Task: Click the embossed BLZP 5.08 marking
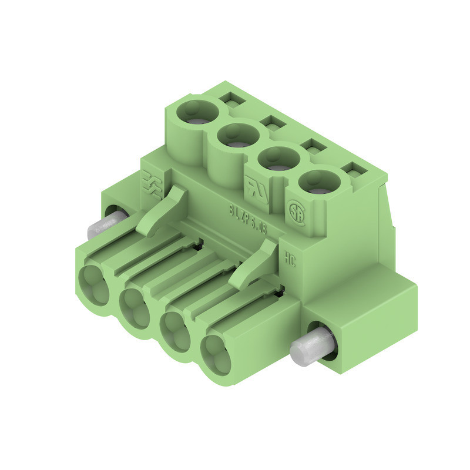pos(247,219)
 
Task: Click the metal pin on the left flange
pos(105,225)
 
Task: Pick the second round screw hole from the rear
pos(237,136)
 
